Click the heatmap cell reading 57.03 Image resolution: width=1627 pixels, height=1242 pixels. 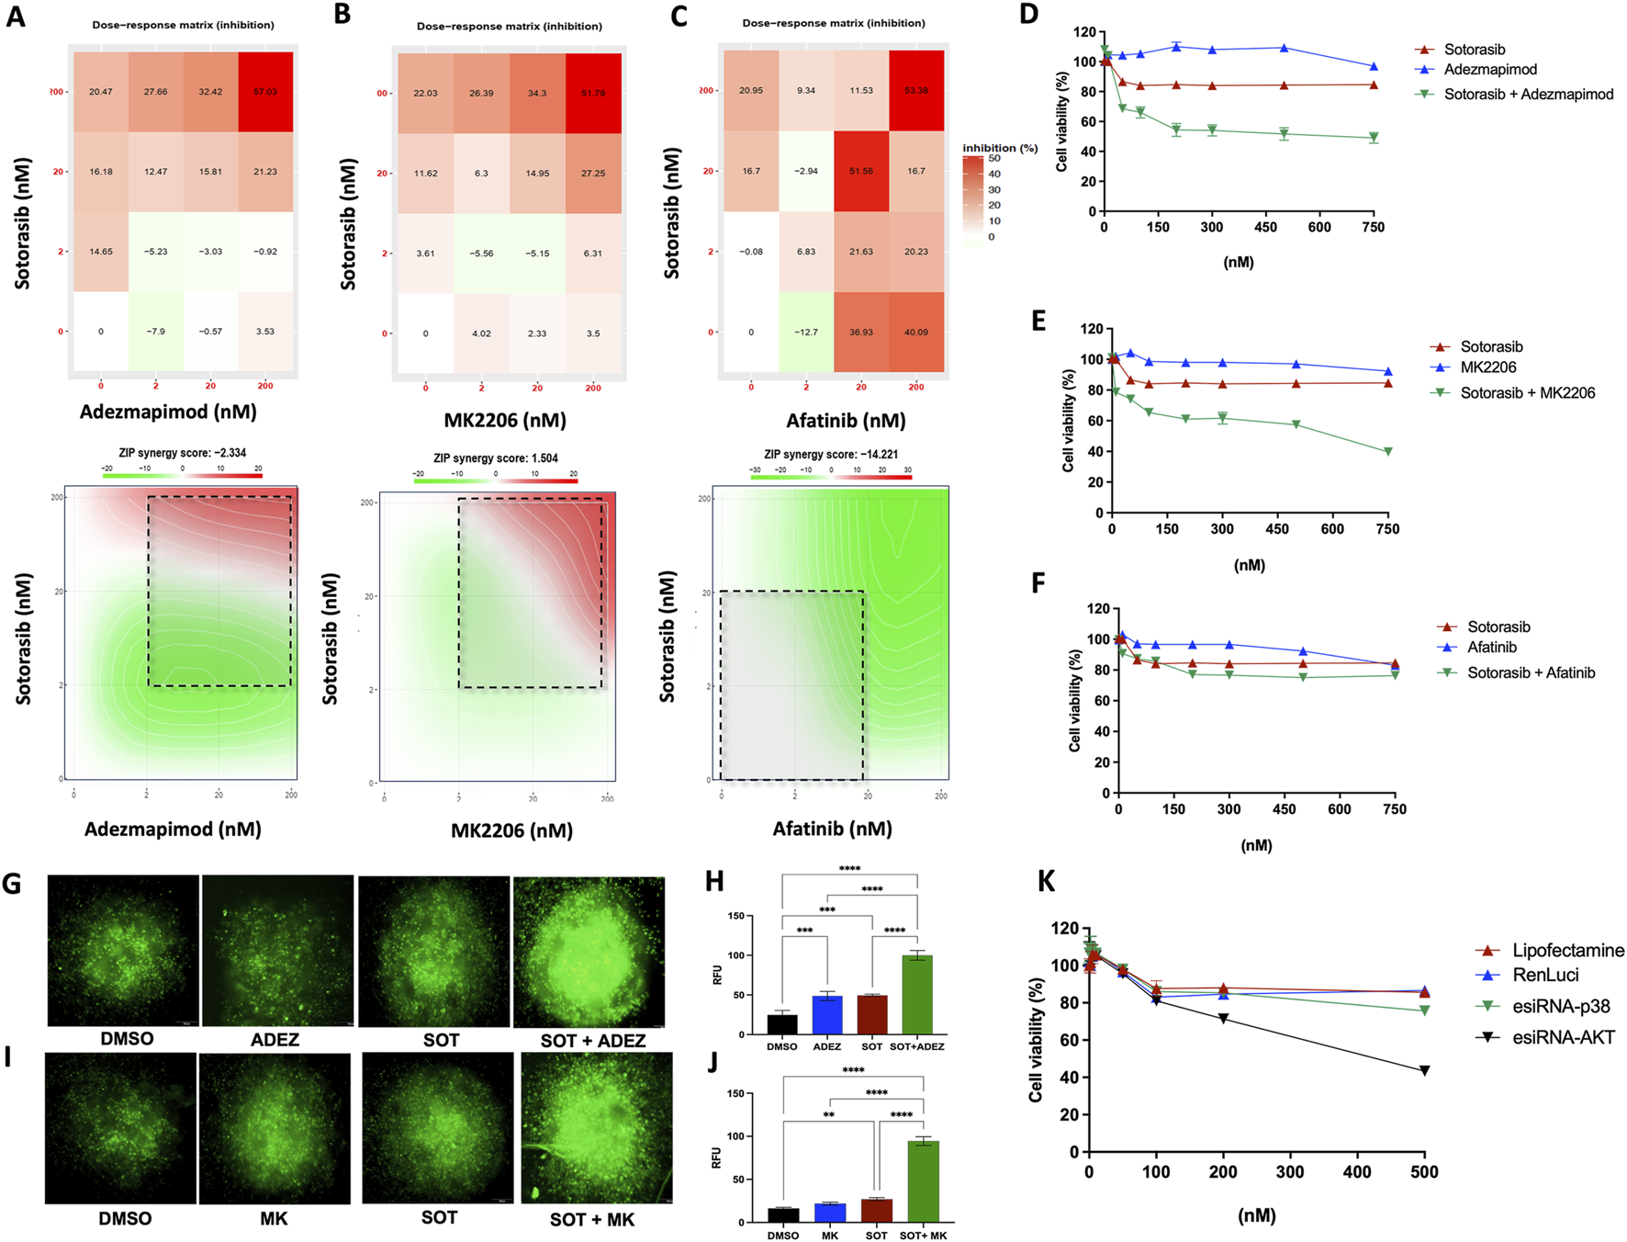coord(265,92)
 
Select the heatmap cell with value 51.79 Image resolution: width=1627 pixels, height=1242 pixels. coord(593,93)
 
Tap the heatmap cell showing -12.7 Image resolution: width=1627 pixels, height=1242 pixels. coord(806,332)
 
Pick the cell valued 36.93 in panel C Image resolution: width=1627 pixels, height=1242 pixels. coord(861,332)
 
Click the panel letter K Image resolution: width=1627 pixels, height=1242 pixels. coord(1046,882)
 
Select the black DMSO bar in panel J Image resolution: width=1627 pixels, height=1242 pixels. coord(783,1214)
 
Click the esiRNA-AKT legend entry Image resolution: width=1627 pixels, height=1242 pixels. coord(1563,1037)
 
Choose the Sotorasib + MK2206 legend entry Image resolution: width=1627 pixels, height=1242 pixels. coord(1527,393)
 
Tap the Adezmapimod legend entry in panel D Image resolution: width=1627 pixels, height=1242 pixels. coord(1489,70)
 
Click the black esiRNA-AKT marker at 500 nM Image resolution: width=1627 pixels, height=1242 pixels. coord(1424,1070)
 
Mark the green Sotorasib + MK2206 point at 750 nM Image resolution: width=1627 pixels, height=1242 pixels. coord(1387,451)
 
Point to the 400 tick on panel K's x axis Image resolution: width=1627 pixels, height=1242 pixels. coord(1357,1172)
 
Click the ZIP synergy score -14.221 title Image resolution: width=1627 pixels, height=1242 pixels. coord(831,454)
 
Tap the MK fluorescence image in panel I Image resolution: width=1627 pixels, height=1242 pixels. coord(275,1128)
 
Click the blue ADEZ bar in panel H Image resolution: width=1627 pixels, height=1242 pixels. coord(827,1015)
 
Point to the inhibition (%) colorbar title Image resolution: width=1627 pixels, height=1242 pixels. coord(999,148)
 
